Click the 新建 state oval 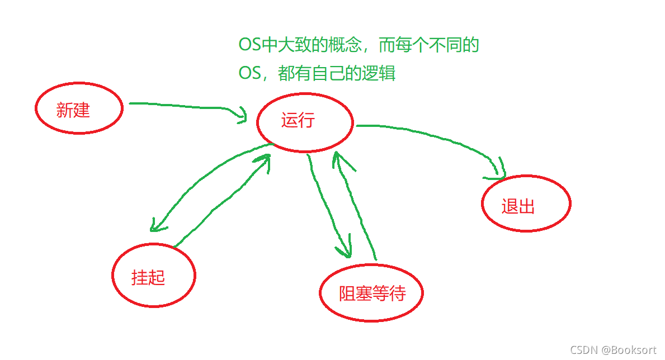point(79,108)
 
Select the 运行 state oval point(305,122)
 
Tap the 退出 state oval point(526,203)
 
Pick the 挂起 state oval point(153,274)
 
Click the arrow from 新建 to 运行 point(185,106)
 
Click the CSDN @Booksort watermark point(613,350)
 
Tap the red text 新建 point(73,110)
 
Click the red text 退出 point(518,206)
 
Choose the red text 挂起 point(148,277)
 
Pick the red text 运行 point(298,120)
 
